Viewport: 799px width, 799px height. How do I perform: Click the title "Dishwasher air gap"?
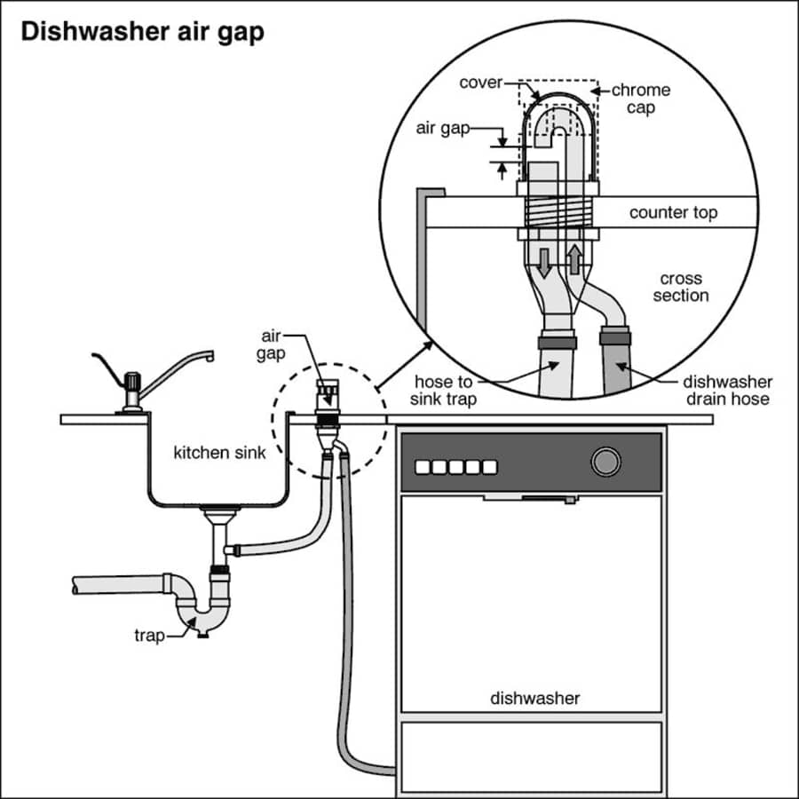(x=142, y=33)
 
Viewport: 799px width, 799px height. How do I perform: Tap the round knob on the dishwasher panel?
(x=605, y=463)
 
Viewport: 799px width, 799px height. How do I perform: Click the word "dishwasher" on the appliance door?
(x=534, y=698)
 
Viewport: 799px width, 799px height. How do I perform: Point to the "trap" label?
(x=149, y=636)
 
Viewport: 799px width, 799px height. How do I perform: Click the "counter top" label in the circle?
(x=673, y=213)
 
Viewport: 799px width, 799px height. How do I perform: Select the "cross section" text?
(x=681, y=287)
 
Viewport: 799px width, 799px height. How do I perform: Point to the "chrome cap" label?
(x=640, y=98)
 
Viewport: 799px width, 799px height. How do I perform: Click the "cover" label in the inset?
(x=481, y=83)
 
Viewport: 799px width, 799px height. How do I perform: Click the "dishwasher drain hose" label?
(x=727, y=391)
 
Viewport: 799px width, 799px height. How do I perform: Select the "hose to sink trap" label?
(x=444, y=391)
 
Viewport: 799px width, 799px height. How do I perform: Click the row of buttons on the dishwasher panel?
(x=456, y=466)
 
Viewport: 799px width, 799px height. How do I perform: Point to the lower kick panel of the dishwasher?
(x=531, y=755)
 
